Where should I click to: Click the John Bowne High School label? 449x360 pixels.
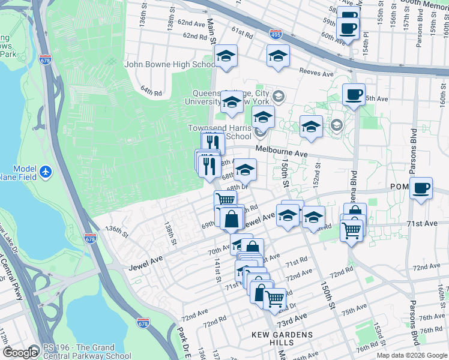click(x=170, y=65)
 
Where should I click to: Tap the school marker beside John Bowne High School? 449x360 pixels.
click(x=226, y=56)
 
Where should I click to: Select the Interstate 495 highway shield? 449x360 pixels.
click(x=276, y=34)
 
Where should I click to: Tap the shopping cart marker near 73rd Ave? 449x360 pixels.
click(x=275, y=299)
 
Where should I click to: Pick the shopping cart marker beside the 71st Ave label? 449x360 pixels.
click(x=351, y=228)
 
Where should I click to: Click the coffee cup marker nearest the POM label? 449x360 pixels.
click(x=421, y=188)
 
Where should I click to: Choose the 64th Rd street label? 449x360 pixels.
click(x=151, y=92)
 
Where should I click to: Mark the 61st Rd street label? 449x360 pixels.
click(x=243, y=32)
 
